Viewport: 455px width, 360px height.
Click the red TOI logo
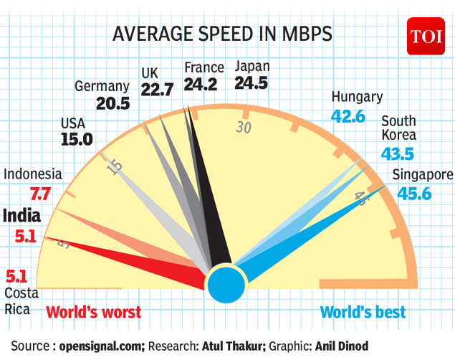pos(427,36)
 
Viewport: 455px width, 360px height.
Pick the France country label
pos(204,67)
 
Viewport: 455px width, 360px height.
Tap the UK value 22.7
pos(158,90)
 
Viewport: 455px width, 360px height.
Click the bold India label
pos(22,215)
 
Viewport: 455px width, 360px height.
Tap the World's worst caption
pos(94,312)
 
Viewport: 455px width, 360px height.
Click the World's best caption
pos(363,312)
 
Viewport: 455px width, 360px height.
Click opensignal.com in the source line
pos(102,346)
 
